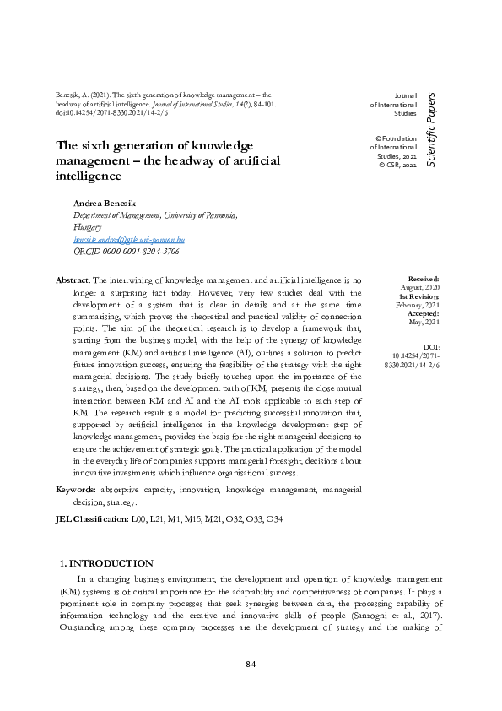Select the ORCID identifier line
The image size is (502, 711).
(x=127, y=252)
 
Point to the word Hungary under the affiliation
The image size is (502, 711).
(x=88, y=228)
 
